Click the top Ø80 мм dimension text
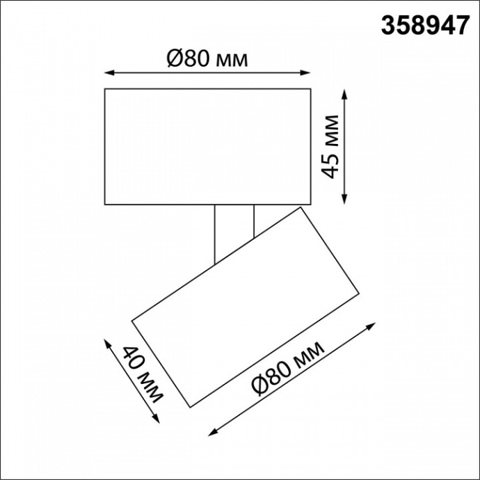click(x=207, y=59)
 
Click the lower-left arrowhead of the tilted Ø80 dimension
click(x=210, y=433)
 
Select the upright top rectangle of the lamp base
click(x=207, y=146)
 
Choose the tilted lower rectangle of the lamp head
click(x=247, y=306)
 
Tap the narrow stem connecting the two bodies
click(x=234, y=226)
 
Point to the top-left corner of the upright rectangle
click(x=104, y=88)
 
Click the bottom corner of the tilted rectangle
click(x=189, y=406)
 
